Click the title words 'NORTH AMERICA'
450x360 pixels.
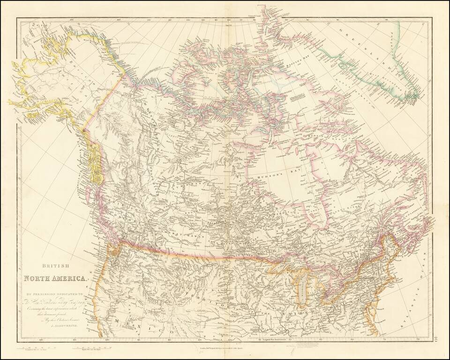tap(56, 278)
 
